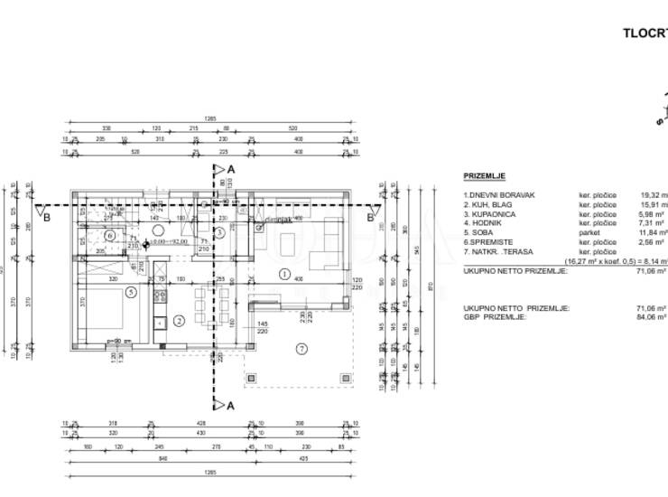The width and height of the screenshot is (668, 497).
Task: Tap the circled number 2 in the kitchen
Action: [x=178, y=320]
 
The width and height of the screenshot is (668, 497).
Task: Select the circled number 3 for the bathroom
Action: [x=218, y=232]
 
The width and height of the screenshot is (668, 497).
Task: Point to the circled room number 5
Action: [x=131, y=292]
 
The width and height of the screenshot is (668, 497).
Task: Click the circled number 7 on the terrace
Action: [x=302, y=348]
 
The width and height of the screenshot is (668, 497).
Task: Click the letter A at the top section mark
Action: [x=231, y=169]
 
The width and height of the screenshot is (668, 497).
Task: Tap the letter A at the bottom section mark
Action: [x=231, y=406]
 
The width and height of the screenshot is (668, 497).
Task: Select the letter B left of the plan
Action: [x=47, y=217]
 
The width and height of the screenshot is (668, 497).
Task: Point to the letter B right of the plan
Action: [x=369, y=217]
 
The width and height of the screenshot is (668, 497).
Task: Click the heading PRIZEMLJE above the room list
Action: [x=484, y=176]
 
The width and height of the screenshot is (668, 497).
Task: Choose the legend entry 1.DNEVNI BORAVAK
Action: [x=499, y=194]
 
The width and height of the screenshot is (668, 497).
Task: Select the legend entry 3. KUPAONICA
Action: [x=490, y=213]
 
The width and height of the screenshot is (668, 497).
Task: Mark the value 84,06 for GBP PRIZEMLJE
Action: [x=652, y=317]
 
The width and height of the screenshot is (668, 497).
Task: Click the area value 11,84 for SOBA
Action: [x=652, y=232]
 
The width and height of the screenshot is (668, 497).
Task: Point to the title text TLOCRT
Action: [x=645, y=33]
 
